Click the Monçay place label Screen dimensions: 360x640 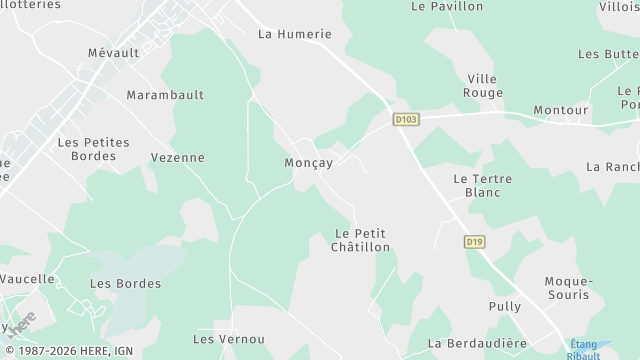click(309, 162)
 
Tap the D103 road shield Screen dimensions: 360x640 click(405, 119)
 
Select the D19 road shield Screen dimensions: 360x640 click(474, 241)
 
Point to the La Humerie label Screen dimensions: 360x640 click(294, 33)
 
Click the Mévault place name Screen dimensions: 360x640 click(113, 53)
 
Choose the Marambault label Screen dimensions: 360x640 click(165, 95)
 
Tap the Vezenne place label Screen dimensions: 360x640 click(177, 157)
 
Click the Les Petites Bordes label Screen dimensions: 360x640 click(93, 149)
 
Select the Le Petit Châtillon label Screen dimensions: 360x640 click(360, 240)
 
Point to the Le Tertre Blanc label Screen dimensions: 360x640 click(482, 185)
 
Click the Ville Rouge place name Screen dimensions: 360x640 click(483, 85)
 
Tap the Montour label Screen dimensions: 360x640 click(560, 109)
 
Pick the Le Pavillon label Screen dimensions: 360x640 click(447, 6)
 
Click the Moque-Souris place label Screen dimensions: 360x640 click(568, 288)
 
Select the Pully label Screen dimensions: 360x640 click(505, 306)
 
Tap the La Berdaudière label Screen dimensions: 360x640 click(477, 343)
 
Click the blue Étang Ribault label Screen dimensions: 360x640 click(584, 349)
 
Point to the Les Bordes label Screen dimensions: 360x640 click(125, 283)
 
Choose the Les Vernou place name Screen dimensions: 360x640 click(228, 339)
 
